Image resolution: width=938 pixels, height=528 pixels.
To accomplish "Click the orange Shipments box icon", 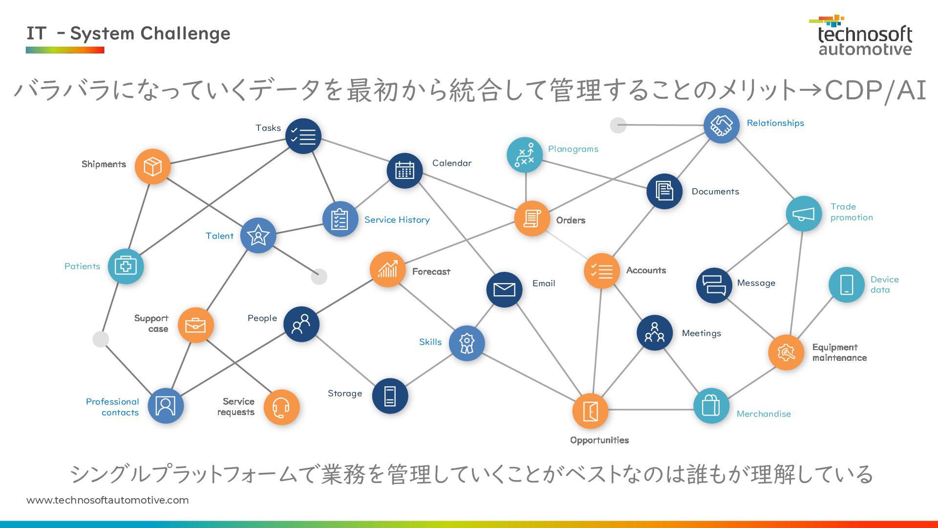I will (152, 167).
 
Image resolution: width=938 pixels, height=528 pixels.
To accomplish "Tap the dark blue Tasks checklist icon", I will (303, 136).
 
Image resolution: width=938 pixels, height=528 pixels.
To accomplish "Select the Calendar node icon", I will (405, 171).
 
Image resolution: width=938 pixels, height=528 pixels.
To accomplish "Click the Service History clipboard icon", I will (340, 219).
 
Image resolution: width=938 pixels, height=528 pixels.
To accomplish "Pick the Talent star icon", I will (258, 236).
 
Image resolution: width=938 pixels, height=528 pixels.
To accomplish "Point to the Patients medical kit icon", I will (126, 266).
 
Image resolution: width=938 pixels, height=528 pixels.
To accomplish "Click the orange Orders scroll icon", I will (532, 219).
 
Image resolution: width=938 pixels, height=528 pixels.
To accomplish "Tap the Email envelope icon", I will (504, 289).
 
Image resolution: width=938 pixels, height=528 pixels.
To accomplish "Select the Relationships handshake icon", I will (721, 126).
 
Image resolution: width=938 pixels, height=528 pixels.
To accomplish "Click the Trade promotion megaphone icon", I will (804, 214).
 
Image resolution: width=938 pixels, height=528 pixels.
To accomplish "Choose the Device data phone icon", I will (847, 285).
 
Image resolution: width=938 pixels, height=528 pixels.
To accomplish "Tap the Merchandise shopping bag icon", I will (711, 406).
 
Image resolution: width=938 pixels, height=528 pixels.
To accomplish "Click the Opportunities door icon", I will (590, 411).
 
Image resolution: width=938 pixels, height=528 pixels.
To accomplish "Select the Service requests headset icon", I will (281, 407).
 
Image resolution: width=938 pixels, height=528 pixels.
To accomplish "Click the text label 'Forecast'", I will (431, 272).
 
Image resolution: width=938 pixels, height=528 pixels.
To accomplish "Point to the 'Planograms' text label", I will (573, 149).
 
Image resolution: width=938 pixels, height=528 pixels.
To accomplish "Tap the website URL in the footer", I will (107, 500).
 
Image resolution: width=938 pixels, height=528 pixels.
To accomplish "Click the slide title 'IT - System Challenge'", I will (128, 34).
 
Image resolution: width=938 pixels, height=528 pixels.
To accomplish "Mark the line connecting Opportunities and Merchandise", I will (651, 410).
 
